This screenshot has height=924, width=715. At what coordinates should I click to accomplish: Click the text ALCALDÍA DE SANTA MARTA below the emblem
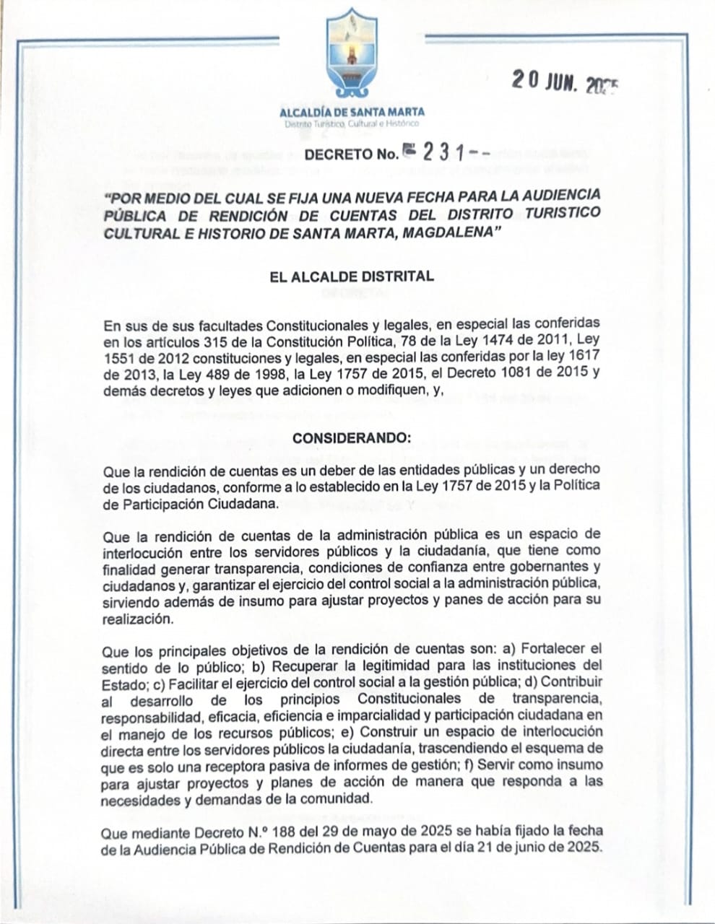click(x=352, y=112)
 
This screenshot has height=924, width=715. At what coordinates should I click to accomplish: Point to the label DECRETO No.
click(x=351, y=154)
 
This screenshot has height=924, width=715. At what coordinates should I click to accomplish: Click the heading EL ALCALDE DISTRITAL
click(x=352, y=276)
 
